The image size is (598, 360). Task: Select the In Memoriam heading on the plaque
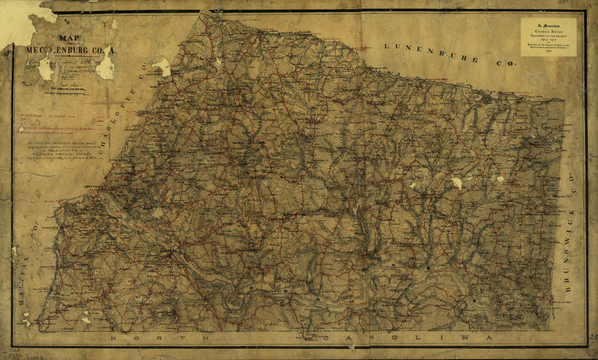548,25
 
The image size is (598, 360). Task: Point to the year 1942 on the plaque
548,52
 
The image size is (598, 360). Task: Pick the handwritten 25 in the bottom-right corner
592,337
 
